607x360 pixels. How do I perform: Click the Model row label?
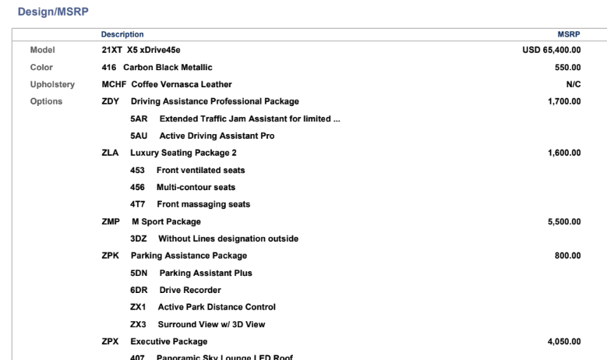42,50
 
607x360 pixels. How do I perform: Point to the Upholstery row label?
51,84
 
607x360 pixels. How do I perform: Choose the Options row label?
47,101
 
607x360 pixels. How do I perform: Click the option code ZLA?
110,153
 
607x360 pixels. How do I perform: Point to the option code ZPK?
110,256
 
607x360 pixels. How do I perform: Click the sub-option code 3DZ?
139,238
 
